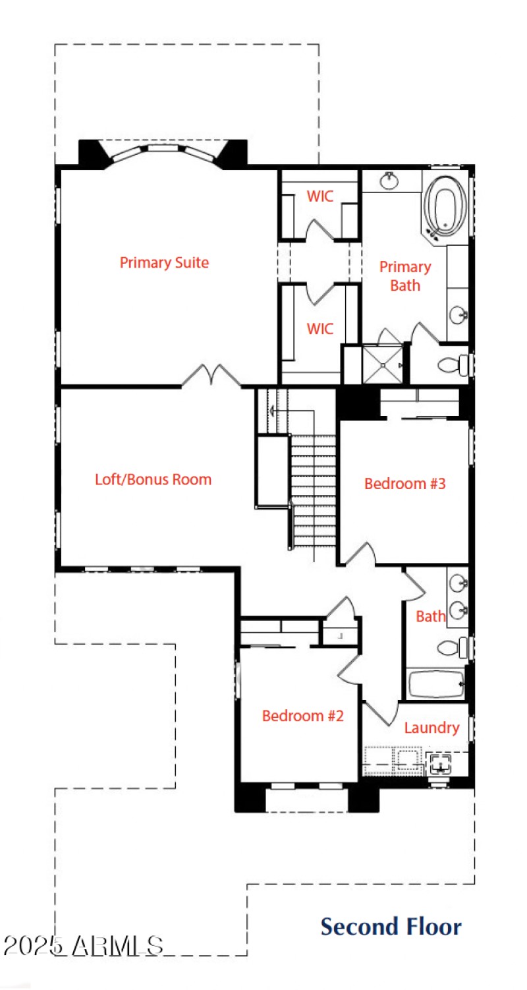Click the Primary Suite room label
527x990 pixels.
(164, 263)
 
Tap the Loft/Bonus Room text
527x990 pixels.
(153, 479)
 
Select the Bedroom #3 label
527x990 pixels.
(405, 484)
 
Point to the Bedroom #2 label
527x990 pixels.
(302, 716)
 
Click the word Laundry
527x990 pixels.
(431, 728)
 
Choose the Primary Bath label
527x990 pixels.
(405, 276)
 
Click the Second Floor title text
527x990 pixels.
(391, 927)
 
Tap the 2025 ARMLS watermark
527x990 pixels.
(83, 946)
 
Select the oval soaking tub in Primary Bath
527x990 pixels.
(445, 205)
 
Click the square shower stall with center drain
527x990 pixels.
(381, 364)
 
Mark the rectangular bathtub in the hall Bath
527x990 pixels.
(435, 684)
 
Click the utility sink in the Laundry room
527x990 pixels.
(439, 765)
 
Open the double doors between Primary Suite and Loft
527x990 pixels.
(211, 376)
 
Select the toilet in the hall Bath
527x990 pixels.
(451, 647)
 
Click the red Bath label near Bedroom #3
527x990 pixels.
(430, 617)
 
